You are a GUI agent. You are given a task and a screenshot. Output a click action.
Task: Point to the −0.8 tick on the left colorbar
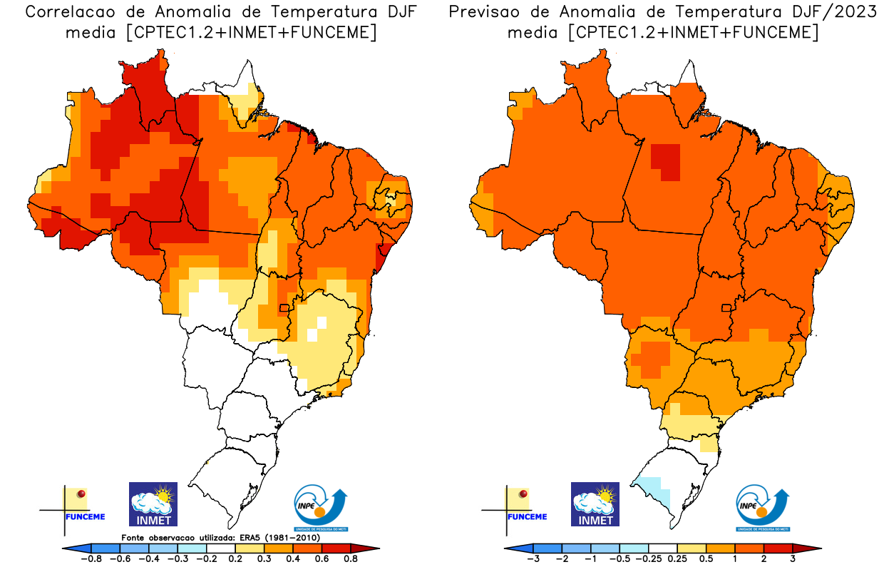click(93, 558)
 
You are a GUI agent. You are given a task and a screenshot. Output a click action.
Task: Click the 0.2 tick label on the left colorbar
click(235, 558)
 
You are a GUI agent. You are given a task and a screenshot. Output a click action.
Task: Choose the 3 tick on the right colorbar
click(792, 558)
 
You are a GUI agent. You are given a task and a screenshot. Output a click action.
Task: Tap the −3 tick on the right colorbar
click(533, 558)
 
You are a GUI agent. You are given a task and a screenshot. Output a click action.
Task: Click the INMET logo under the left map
click(153, 504)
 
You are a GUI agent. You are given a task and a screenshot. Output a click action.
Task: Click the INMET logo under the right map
click(595, 504)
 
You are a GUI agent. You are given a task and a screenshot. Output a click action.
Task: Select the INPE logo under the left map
click(321, 508)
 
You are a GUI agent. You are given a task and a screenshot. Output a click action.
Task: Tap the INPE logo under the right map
click(763, 508)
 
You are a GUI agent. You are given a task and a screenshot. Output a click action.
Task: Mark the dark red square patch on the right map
click(665, 162)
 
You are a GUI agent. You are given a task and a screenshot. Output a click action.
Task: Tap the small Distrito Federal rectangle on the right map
click(726, 308)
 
